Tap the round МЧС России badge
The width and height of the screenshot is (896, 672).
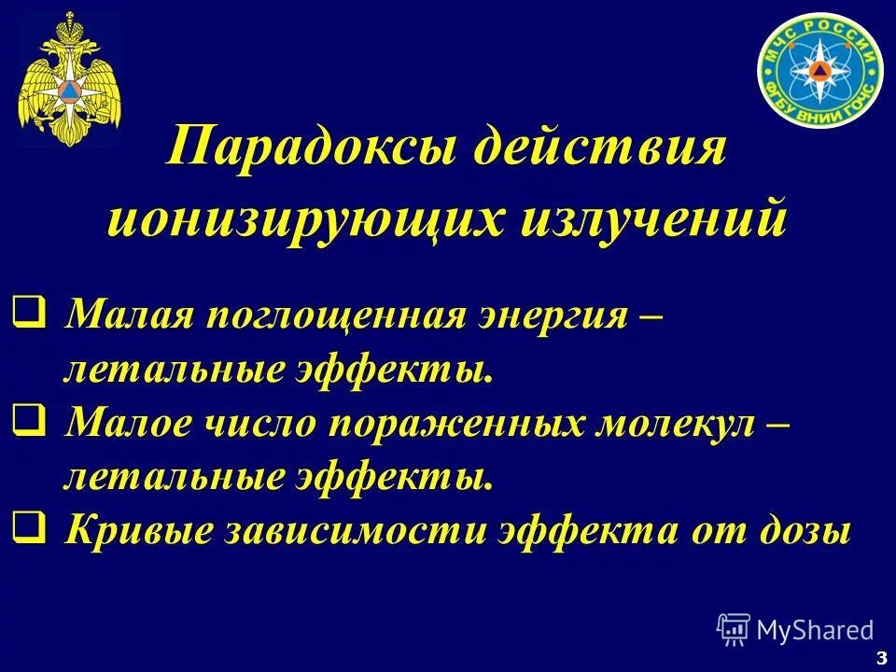(x=819, y=71)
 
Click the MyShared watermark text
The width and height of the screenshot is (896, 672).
(x=814, y=630)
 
